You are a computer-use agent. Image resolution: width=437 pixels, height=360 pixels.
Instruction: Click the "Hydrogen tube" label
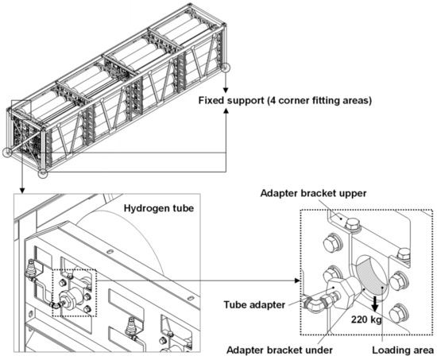tap(159, 208)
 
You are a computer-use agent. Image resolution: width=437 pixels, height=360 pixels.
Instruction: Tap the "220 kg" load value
tap(366, 319)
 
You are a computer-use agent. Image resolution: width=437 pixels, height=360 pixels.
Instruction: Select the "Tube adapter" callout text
tap(254, 304)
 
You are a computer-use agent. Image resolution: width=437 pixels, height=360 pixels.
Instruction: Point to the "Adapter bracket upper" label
tap(313, 193)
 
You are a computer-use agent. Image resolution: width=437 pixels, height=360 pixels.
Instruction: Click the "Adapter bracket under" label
tap(280, 350)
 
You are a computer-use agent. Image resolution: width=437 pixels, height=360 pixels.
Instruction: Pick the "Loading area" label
tap(403, 350)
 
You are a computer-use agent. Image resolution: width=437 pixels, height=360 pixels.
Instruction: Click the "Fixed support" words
tap(231, 100)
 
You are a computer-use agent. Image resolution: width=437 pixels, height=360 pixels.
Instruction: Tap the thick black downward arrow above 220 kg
tap(375, 304)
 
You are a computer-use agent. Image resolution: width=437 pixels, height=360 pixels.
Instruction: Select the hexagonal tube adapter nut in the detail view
tap(341, 292)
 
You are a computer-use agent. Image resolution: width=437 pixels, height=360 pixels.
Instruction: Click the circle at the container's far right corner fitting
tap(226, 68)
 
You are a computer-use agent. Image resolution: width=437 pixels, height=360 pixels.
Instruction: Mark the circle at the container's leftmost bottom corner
tap(7, 153)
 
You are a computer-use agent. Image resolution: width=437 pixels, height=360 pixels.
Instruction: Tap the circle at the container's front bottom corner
tap(43, 173)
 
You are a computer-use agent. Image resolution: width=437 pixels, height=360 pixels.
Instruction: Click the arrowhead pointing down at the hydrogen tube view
tap(22, 191)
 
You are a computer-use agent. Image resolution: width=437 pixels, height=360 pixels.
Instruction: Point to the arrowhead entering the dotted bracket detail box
tap(297, 281)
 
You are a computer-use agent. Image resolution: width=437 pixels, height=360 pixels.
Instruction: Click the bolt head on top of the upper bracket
tap(353, 224)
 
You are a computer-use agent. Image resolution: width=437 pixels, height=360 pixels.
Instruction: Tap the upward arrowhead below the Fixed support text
tap(226, 110)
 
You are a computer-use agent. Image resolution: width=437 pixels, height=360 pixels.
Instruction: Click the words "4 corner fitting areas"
tap(319, 100)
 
